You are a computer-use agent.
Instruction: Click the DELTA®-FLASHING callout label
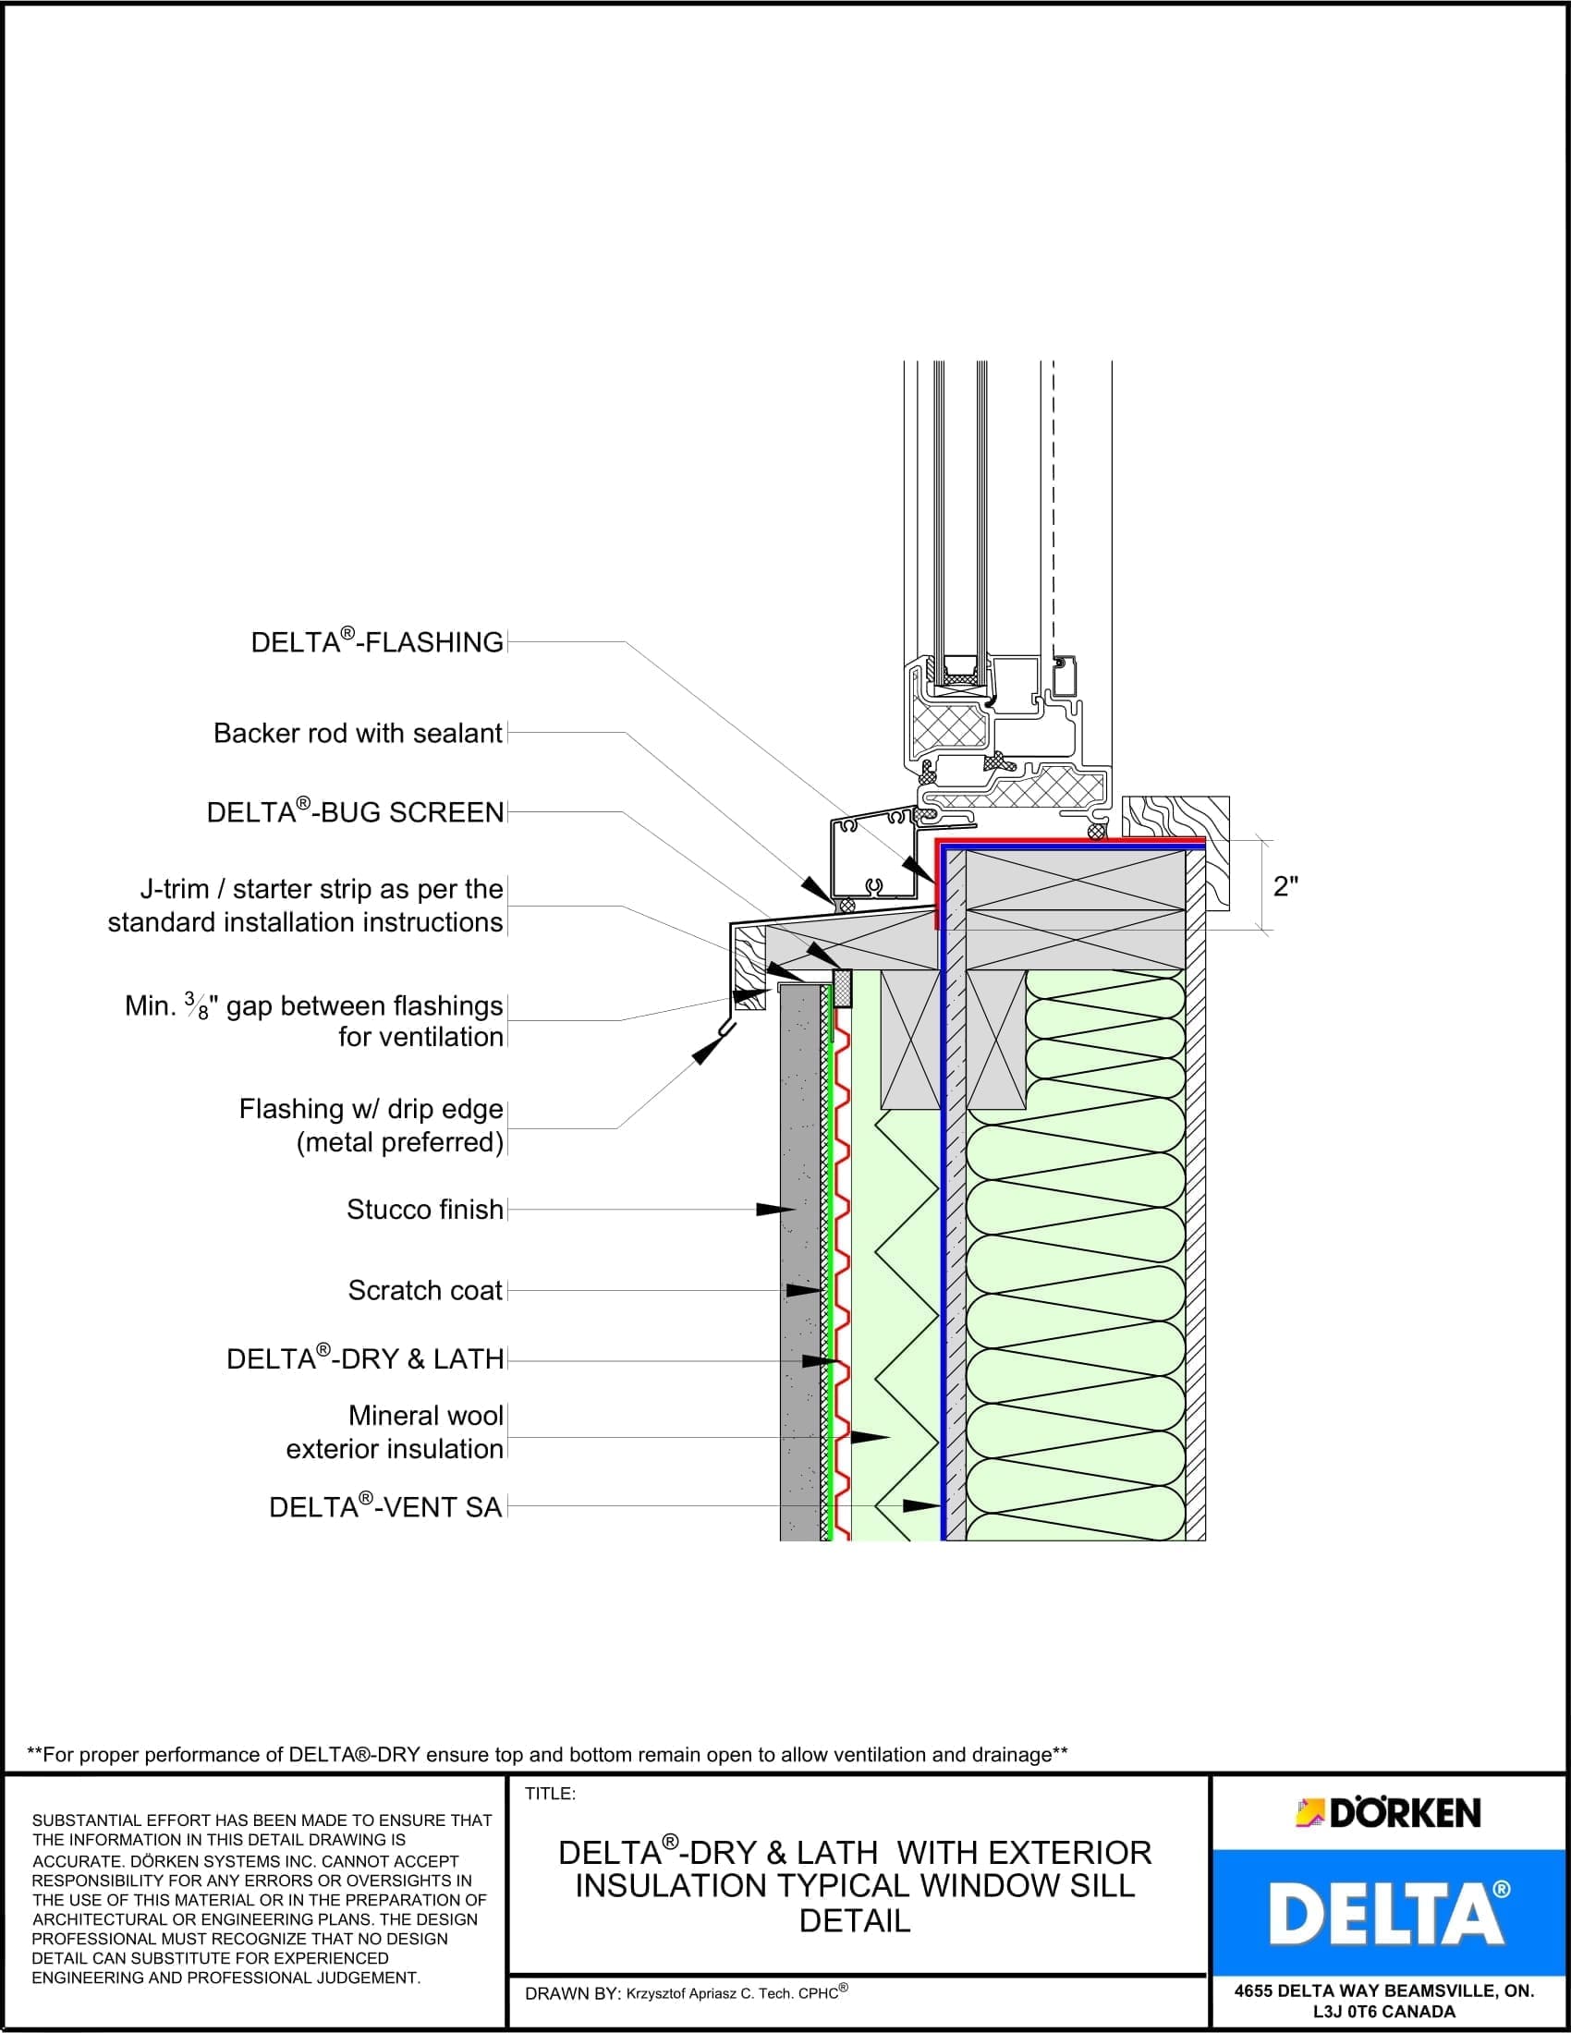(377, 642)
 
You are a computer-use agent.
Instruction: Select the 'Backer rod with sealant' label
(359, 734)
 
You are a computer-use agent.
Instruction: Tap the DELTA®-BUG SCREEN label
(356, 812)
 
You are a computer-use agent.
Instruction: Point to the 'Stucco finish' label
(424, 1210)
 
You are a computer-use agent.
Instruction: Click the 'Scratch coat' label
(424, 1290)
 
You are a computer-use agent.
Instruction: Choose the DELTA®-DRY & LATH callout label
(365, 1359)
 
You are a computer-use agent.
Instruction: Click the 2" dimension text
(1285, 886)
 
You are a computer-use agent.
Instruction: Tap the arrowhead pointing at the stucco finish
(774, 1210)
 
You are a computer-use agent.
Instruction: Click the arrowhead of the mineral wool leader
(871, 1437)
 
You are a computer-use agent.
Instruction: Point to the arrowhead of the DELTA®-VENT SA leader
(923, 1505)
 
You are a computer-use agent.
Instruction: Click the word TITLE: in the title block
(551, 1794)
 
